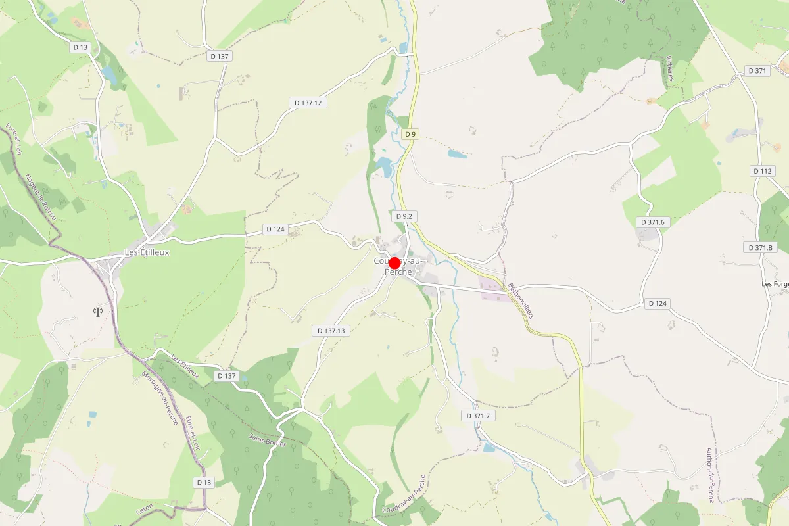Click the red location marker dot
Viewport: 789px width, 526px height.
pos(394,263)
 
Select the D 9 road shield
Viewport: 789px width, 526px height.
pos(410,134)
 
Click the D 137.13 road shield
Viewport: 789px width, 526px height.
pos(331,331)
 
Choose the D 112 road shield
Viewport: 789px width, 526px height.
pos(762,171)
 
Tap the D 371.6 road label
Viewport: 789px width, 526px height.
pos(652,222)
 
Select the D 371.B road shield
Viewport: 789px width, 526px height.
pos(761,247)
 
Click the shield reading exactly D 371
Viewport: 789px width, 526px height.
pos(757,71)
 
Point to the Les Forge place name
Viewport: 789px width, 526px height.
pos(775,284)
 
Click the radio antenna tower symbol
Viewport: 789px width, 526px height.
pos(98,312)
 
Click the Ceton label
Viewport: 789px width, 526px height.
pos(145,509)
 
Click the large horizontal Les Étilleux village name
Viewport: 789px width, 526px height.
pos(147,252)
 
